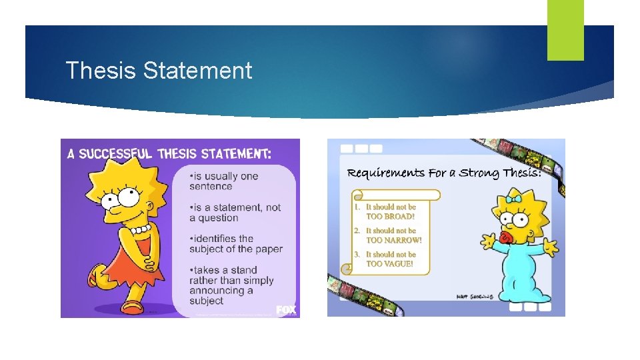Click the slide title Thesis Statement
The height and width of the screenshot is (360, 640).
pos(159,71)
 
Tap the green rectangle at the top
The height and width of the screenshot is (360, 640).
pos(565,29)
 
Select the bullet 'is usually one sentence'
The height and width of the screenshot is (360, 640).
pos(223,181)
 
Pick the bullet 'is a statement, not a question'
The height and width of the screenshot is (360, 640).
pos(235,213)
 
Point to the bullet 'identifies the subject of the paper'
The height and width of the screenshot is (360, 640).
pos(235,244)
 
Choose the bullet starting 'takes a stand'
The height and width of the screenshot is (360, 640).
pos(231,285)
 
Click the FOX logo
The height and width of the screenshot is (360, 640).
pos(286,310)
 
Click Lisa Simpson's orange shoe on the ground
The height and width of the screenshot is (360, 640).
pos(131,307)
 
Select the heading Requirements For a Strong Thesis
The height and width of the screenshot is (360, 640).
pos(444,173)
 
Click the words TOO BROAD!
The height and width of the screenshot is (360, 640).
pos(390,217)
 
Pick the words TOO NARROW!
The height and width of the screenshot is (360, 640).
pos(394,240)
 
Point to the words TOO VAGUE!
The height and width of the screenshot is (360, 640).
pos(389,264)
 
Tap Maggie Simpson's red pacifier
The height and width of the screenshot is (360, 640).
pos(505,237)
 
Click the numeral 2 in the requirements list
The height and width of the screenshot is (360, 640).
pos(357,231)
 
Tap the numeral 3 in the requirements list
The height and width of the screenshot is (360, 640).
pos(357,255)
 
